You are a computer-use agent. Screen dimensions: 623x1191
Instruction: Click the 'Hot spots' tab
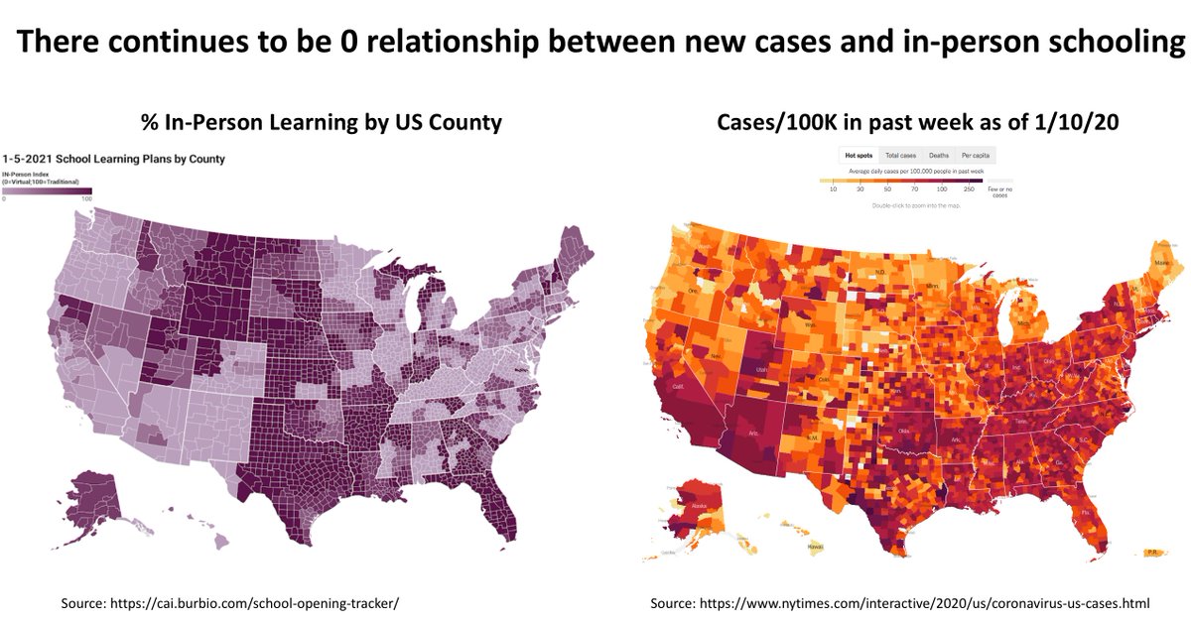pyautogui.click(x=857, y=156)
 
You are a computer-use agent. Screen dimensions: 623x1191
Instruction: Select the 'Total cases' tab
pyautogui.click(x=899, y=156)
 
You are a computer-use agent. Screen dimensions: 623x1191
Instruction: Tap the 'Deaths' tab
pyautogui.click(x=938, y=156)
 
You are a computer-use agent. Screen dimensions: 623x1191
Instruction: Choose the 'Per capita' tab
pyautogui.click(x=975, y=156)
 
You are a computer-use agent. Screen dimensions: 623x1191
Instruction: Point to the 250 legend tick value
pyautogui.click(x=968, y=187)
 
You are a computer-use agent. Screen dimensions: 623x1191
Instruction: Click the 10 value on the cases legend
pyautogui.click(x=833, y=187)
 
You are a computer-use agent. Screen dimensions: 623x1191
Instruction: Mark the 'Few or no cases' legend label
pyautogui.click(x=1000, y=190)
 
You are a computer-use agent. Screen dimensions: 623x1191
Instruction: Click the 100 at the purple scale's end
pyautogui.click(x=86, y=199)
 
